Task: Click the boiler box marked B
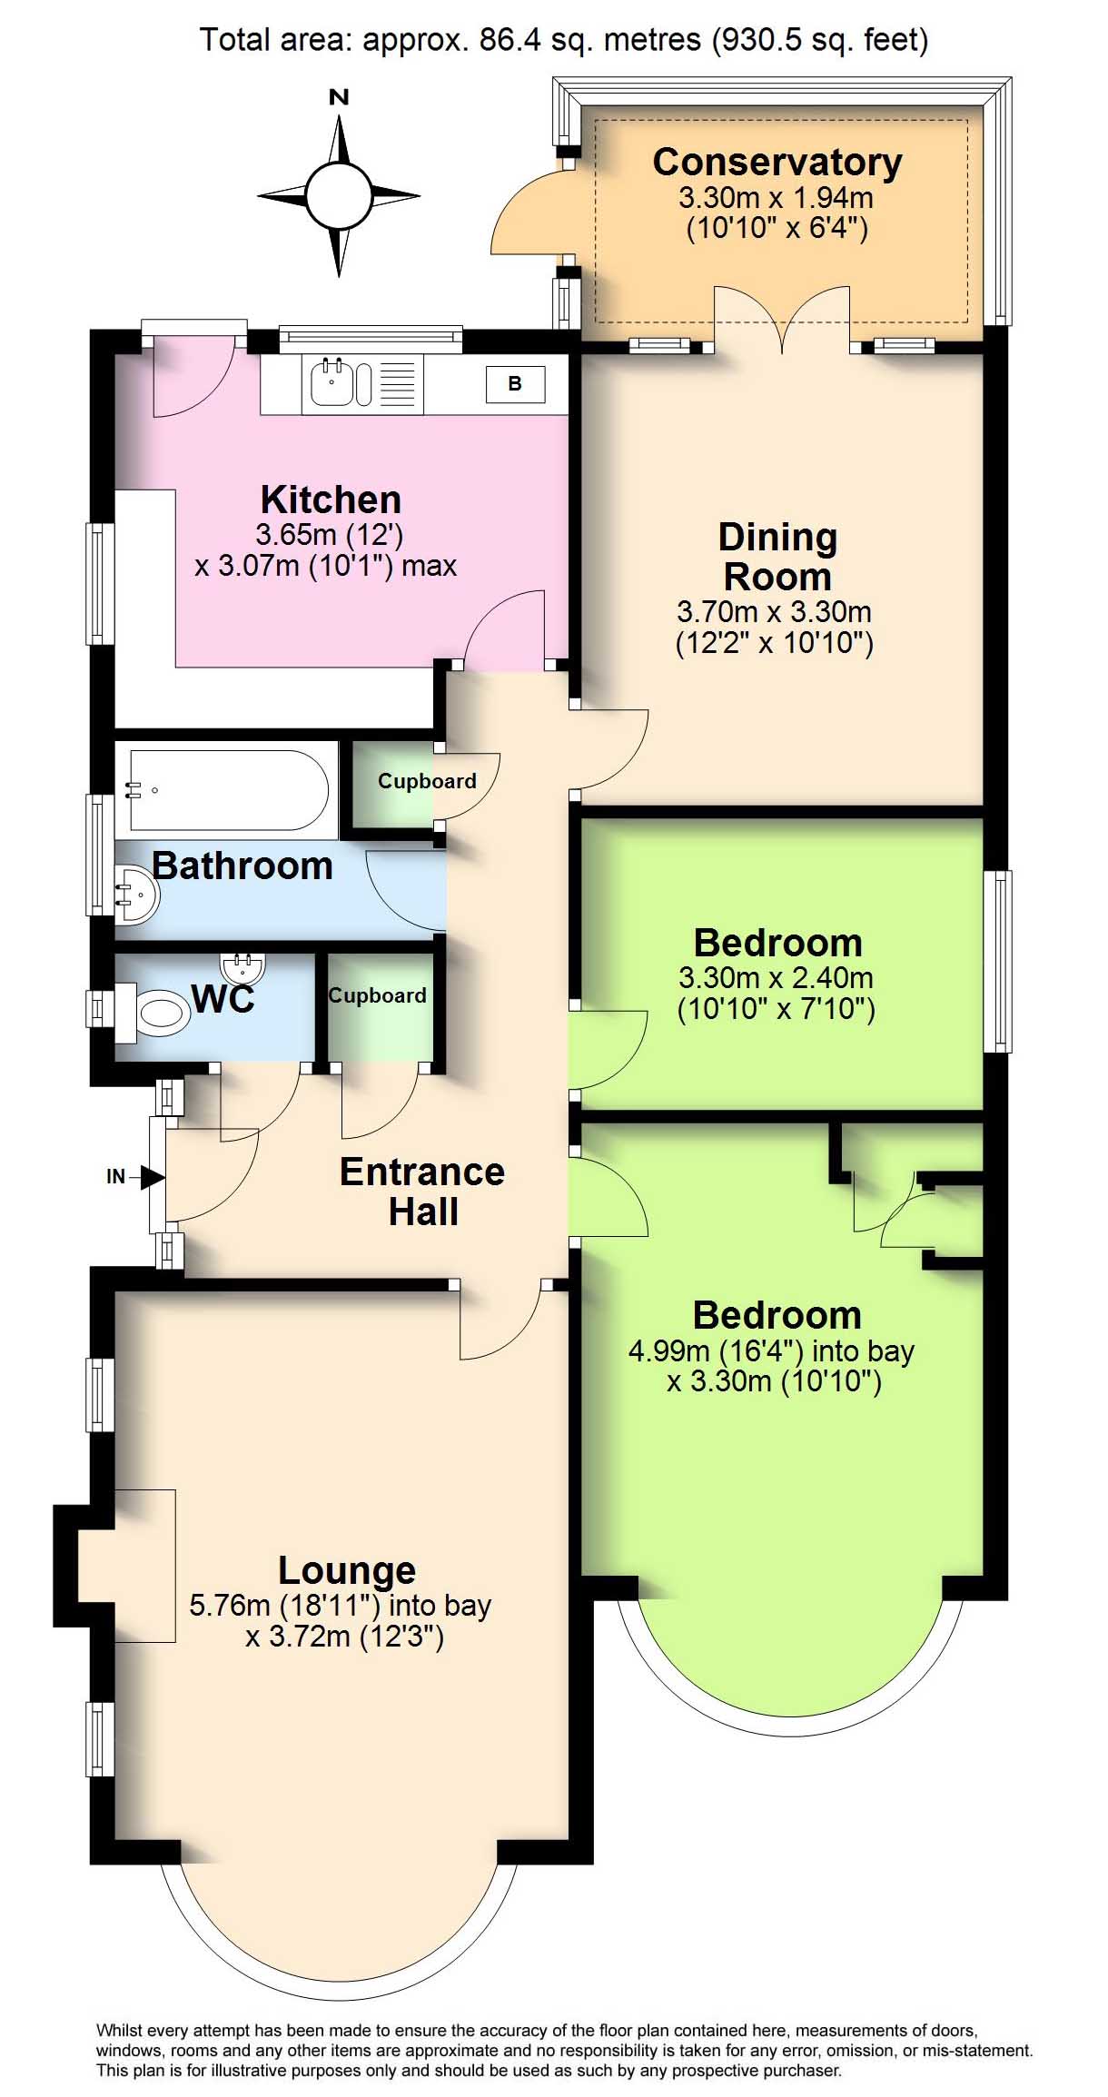coord(515,384)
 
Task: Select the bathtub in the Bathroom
coord(228,789)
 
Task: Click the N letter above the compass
coord(339,97)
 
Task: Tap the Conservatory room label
coord(777,163)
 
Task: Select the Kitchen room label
coord(331,500)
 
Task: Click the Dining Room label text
coord(777,557)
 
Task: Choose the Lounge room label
coord(347,1569)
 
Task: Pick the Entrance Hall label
coord(422,1192)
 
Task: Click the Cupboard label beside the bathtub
coord(427,781)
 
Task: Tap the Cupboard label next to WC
coord(377,995)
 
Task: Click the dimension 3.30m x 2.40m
coord(777,978)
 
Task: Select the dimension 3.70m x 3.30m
coord(775,611)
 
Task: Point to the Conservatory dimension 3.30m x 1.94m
coord(777,197)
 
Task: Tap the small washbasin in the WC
coord(242,968)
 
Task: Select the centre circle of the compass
coord(339,195)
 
